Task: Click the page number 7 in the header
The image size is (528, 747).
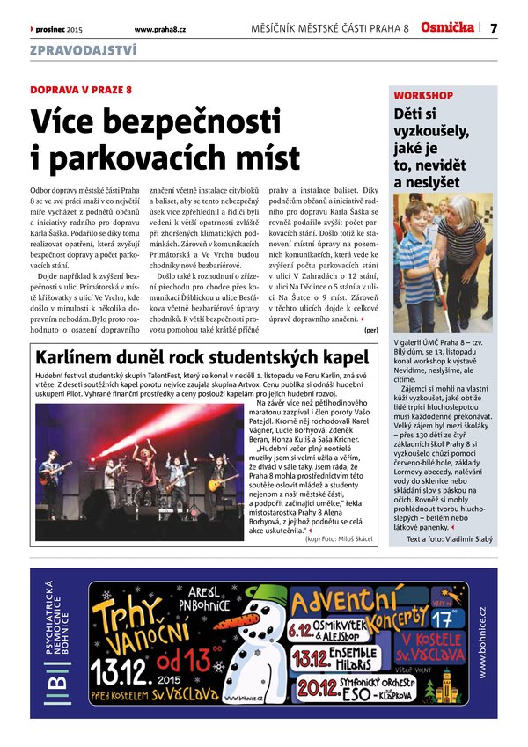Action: pos(494,28)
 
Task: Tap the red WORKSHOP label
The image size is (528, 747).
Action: pos(423,95)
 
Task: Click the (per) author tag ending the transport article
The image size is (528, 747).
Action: pos(371,331)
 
